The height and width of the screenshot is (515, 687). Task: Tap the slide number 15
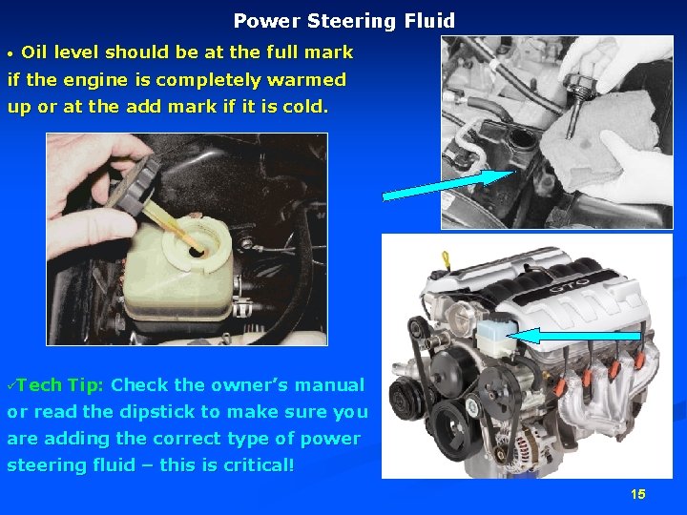click(638, 494)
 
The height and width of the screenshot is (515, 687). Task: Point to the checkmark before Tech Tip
click(11, 385)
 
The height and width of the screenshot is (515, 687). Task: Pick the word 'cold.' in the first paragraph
click(305, 107)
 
